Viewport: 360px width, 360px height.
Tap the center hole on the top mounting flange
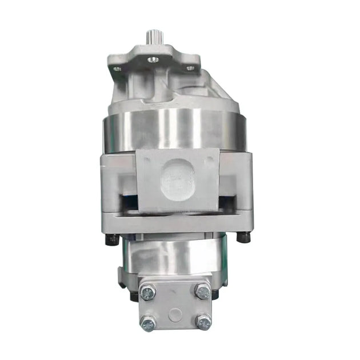coord(153,59)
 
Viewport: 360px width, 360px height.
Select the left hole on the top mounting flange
coord(118,69)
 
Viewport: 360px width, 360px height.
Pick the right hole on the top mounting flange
coord(190,68)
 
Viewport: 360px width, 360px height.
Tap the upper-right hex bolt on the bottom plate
coord(202,291)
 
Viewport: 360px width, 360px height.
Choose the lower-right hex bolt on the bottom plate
coord(203,322)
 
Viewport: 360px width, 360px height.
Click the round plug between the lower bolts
coord(175,314)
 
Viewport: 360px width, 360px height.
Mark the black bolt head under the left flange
coord(112,238)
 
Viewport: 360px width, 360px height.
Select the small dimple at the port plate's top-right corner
coord(212,154)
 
